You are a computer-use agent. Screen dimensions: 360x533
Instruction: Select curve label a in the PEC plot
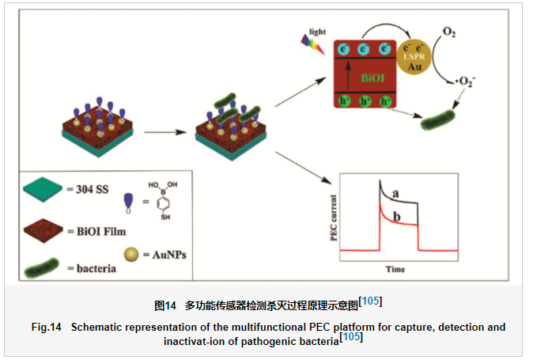pos(396,192)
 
